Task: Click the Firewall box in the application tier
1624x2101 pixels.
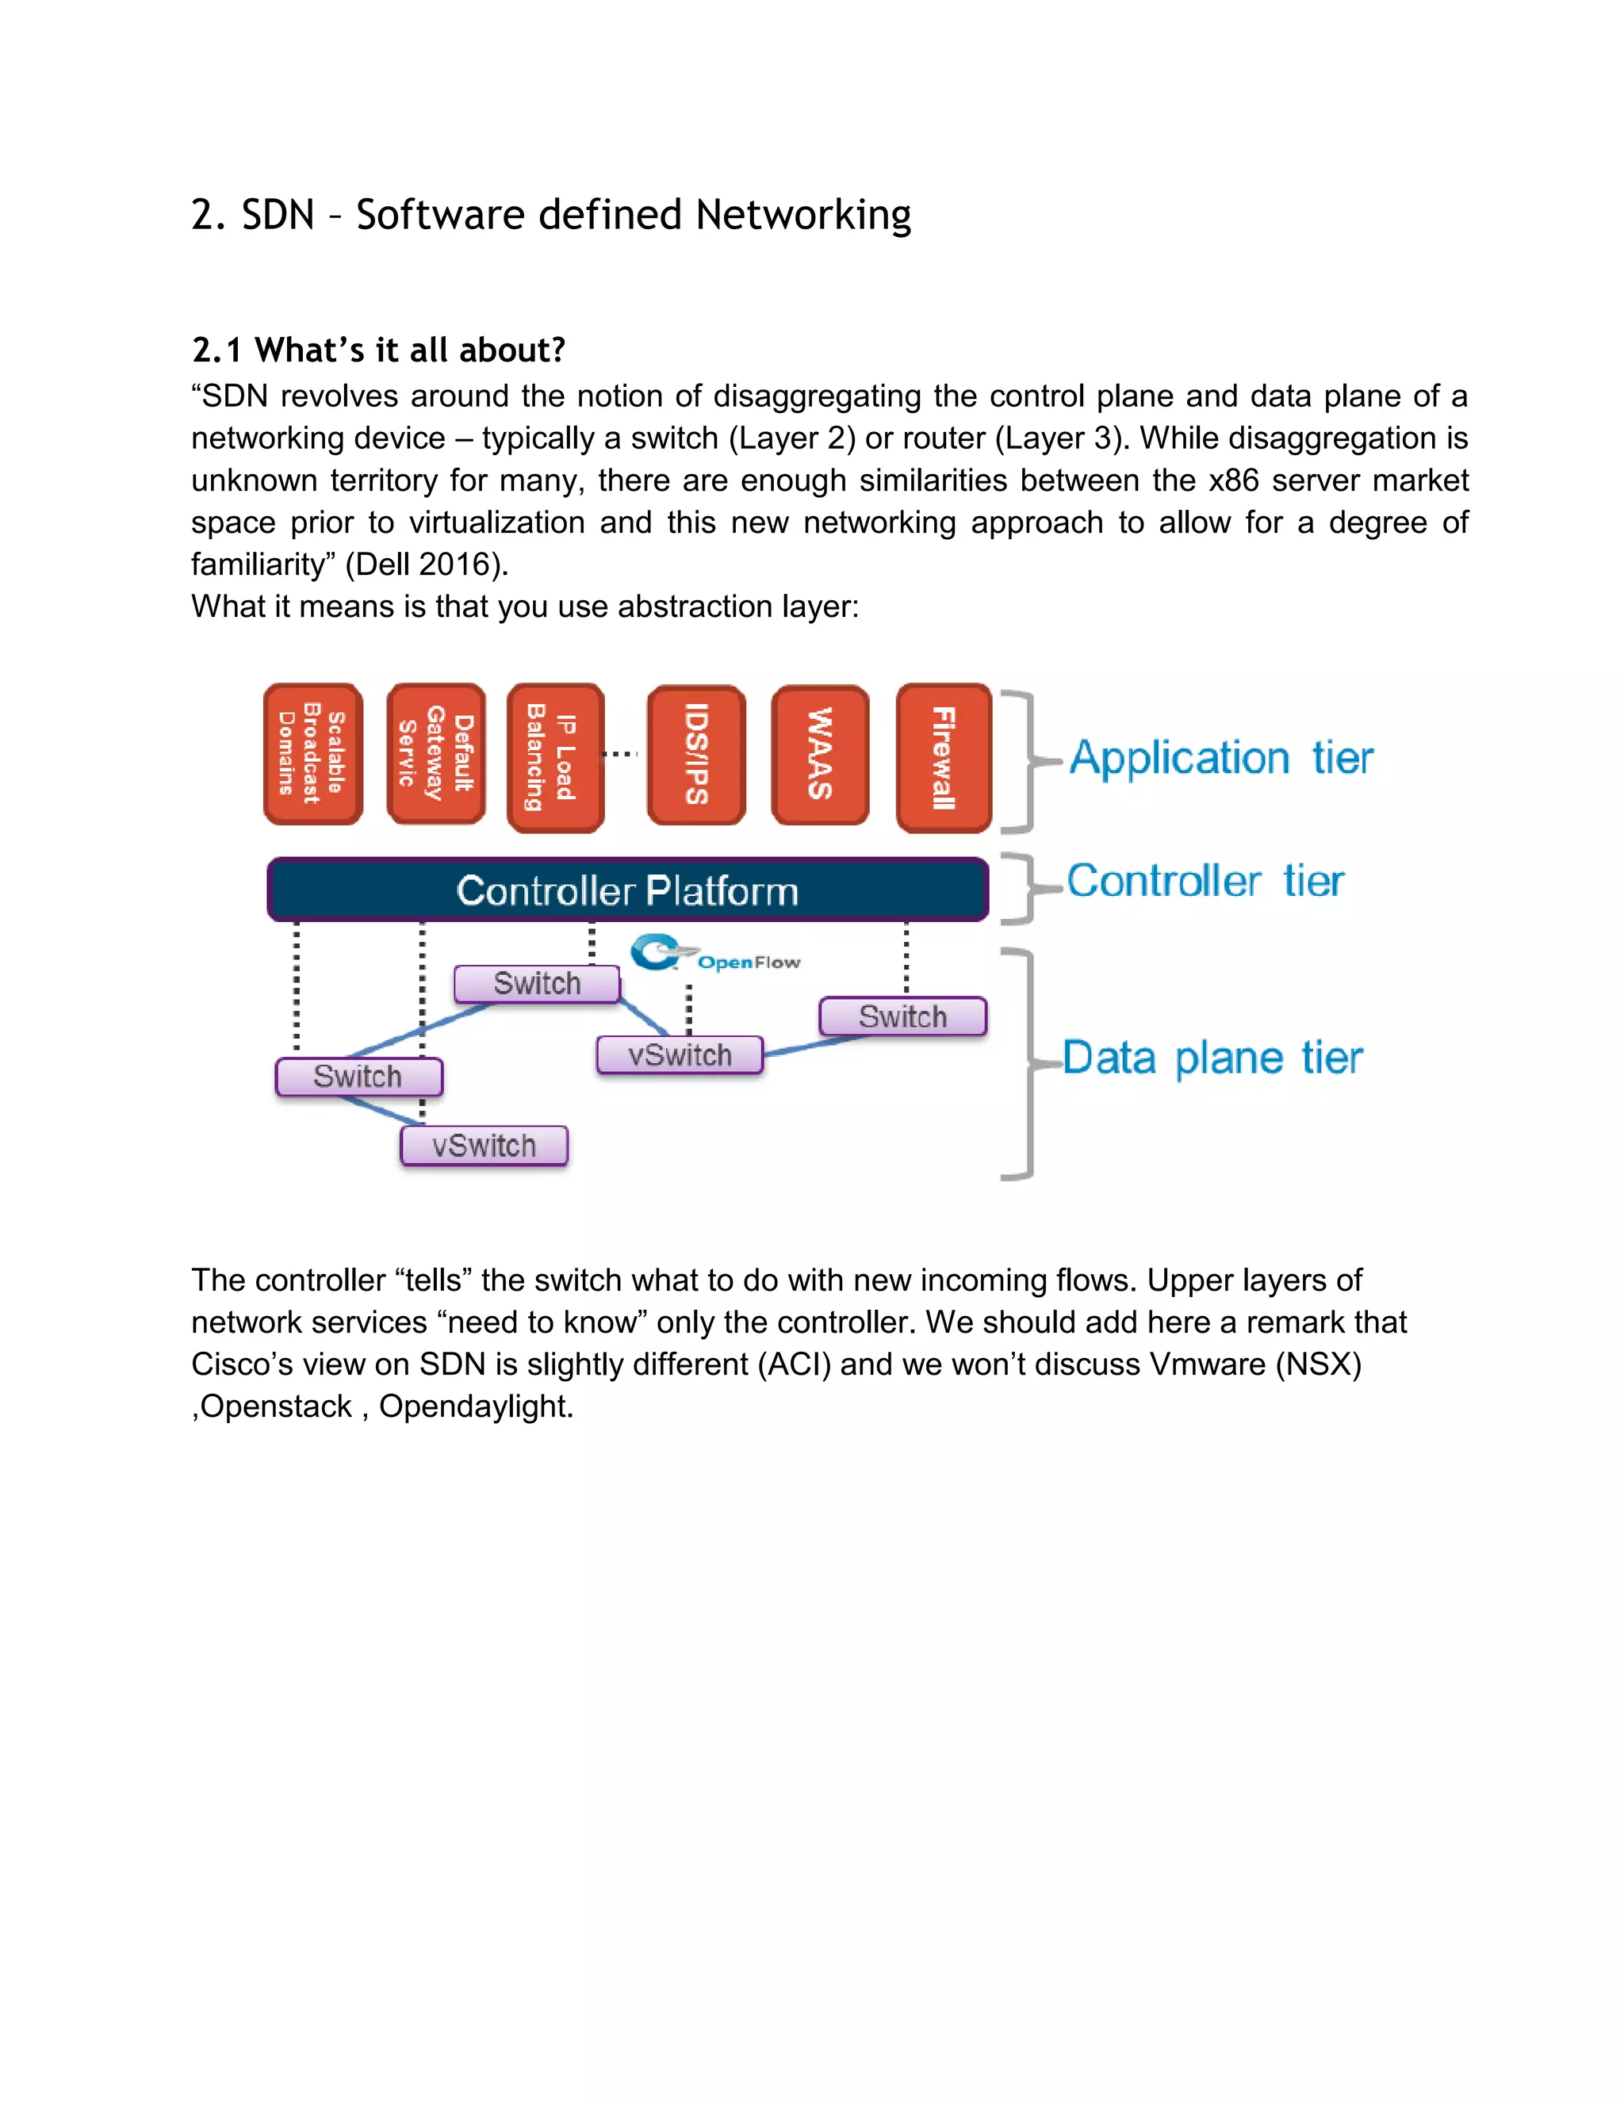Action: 943,758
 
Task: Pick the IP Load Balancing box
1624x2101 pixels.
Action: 555,758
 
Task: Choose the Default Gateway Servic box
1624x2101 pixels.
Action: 436,754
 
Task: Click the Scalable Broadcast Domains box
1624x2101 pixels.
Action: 312,754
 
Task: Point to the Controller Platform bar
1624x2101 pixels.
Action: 627,890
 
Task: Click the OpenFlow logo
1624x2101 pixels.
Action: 714,955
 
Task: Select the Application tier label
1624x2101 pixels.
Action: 1221,758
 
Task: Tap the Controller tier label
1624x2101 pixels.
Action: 1205,881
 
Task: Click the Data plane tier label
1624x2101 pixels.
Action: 1212,1058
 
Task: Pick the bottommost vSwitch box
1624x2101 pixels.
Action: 484,1146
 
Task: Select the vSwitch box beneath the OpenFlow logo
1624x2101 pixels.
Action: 680,1055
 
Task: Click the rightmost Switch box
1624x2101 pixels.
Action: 902,1017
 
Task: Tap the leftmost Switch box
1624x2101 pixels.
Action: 358,1077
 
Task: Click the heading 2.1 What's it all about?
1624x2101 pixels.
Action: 378,350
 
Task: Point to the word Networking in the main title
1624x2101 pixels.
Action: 803,215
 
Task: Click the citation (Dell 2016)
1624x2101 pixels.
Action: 426,564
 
